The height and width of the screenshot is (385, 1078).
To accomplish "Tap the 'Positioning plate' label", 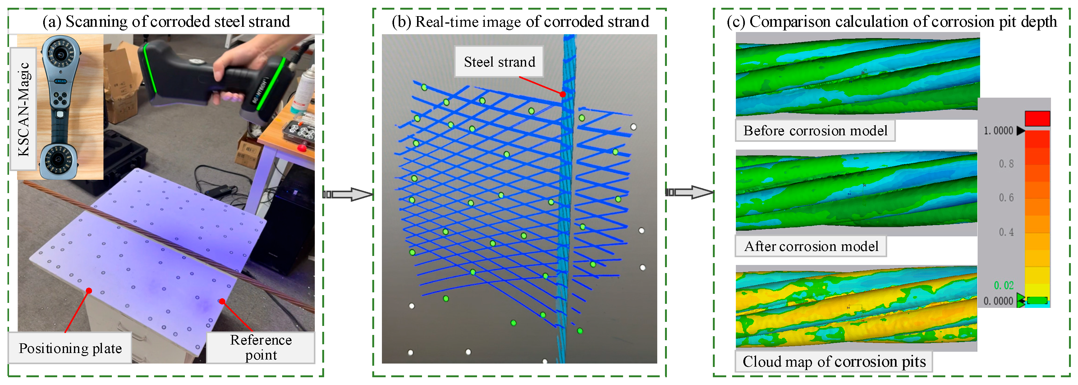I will pyautogui.click(x=70, y=348).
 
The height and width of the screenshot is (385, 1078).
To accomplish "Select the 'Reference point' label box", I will pyautogui.click(x=261, y=347).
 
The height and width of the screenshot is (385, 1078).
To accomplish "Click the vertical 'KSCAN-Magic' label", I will pyautogui.click(x=23, y=109).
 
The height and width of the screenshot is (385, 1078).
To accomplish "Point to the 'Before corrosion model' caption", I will pyautogui.click(x=815, y=131).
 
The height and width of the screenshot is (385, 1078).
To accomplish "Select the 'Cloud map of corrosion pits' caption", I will pyautogui.click(x=834, y=362).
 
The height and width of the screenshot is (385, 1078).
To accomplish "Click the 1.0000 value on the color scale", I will pyautogui.click(x=998, y=131).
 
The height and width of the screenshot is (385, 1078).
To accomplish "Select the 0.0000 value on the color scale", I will pyautogui.click(x=998, y=301).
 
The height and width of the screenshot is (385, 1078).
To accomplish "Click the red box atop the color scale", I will pyautogui.click(x=1037, y=118).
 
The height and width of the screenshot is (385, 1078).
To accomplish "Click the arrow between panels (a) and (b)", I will pyautogui.click(x=348, y=194).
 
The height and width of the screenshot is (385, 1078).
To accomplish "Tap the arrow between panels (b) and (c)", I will pyautogui.click(x=689, y=192).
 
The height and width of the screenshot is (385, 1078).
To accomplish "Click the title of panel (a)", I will pyautogui.click(x=166, y=21).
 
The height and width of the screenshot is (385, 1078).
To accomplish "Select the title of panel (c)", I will pyautogui.click(x=891, y=21).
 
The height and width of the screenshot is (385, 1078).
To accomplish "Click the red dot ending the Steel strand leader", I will pyautogui.click(x=562, y=94).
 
